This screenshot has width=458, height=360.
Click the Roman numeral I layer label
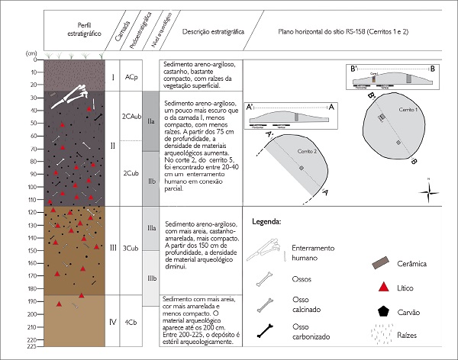pyautogui.click(x=113, y=78)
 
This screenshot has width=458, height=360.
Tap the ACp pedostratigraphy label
pyautogui.click(x=131, y=78)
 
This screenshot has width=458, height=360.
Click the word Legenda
pyautogui.click(x=266, y=223)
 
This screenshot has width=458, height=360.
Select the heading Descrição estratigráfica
pyautogui.click(x=213, y=33)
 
